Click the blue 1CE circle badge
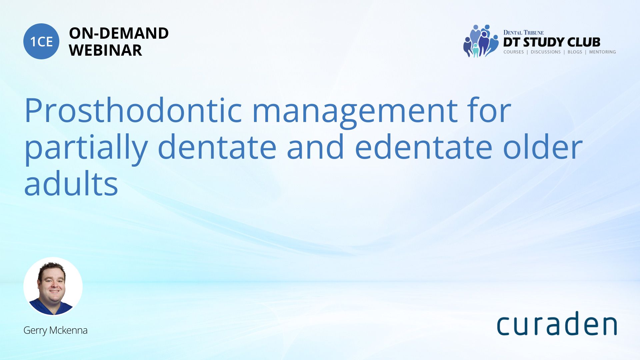pyautogui.click(x=41, y=41)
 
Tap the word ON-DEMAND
pyautogui.click(x=119, y=33)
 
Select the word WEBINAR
pyautogui.click(x=105, y=50)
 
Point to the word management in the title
pyautogui.click(x=355, y=113)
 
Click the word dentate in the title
pyautogui.click(x=217, y=147)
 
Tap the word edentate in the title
pyautogui.click(x=424, y=147)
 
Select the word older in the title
pyautogui.click(x=542, y=147)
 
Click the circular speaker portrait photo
pyautogui.click(x=53, y=286)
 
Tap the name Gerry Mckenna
pyautogui.click(x=55, y=330)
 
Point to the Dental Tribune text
pyautogui.click(x=523, y=33)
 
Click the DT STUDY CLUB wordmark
pyautogui.click(x=552, y=42)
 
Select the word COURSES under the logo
pyautogui.click(x=513, y=52)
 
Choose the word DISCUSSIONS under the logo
pyautogui.click(x=546, y=52)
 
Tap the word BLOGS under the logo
pyautogui.click(x=575, y=52)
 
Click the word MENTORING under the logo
pyautogui.click(x=602, y=52)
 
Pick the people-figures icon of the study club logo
pyautogui.click(x=481, y=41)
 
